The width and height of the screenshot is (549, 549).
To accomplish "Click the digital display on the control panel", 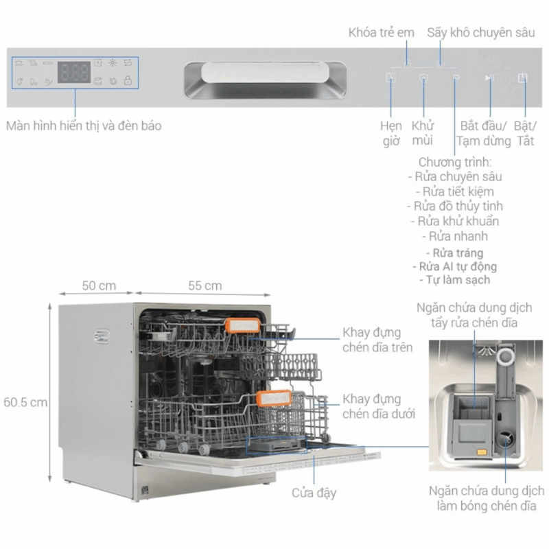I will coord(73,72).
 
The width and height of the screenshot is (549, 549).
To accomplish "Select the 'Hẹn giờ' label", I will coord(391,133).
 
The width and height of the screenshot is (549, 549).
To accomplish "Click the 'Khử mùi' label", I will coord(423,133).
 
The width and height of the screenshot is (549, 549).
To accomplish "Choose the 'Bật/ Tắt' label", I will coord(526,133).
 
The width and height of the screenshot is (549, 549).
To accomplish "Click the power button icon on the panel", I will coord(523,78).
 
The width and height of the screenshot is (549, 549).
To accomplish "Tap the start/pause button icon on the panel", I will coord(489,78).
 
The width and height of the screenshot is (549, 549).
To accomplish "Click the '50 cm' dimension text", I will coord(99,285).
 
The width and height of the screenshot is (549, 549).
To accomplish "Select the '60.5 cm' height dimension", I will coord(25,402).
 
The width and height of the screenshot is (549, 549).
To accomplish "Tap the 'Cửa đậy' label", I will coord(314,493).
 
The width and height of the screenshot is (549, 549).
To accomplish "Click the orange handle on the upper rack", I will coord(243,327).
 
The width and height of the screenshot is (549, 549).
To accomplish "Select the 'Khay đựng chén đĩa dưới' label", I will coord(377,407).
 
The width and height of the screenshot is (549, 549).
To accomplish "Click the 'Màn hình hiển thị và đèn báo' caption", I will coord(84,126).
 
